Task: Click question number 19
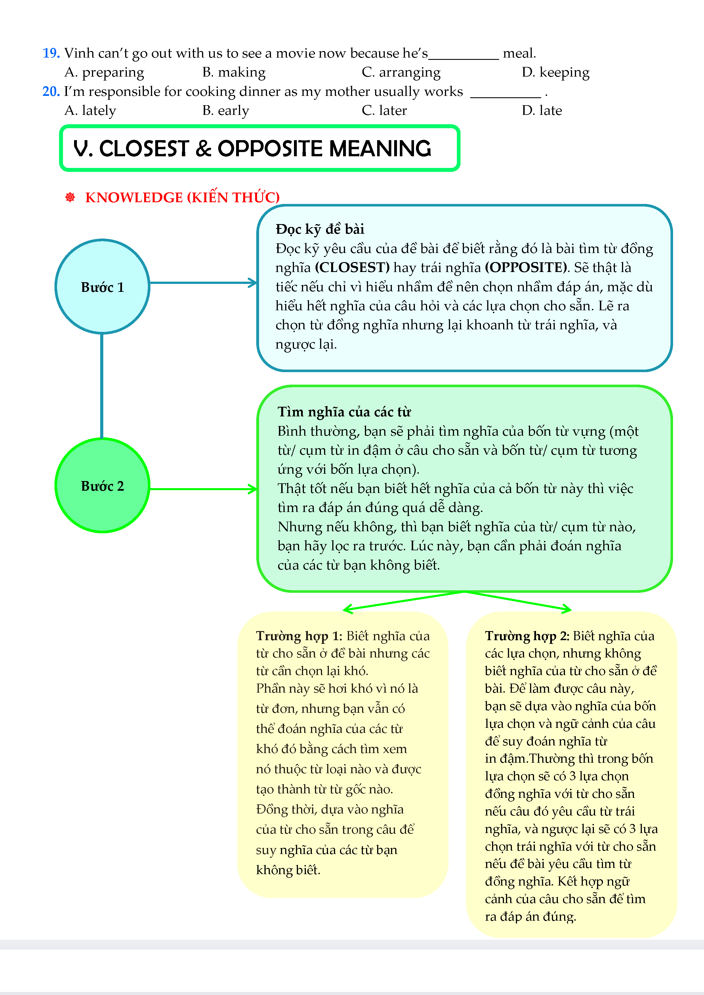click(51, 53)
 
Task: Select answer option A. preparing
click(104, 72)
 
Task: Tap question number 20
click(51, 91)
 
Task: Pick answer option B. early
click(225, 111)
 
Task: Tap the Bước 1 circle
click(102, 286)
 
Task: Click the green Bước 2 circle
click(102, 485)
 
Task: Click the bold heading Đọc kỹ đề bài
click(320, 229)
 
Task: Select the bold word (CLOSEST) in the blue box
click(352, 267)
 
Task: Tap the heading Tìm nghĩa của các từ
click(344, 412)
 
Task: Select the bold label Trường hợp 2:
click(527, 636)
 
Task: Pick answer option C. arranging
click(401, 72)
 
